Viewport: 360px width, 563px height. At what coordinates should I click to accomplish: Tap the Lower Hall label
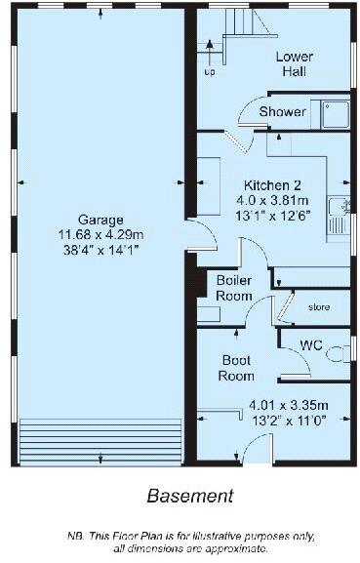294,63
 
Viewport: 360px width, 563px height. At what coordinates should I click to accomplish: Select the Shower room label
282,112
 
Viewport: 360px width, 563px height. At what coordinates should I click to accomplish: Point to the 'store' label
319,307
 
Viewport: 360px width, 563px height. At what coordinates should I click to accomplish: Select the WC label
311,344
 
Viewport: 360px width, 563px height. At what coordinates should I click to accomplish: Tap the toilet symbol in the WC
338,358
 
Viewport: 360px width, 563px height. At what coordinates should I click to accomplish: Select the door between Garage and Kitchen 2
194,234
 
